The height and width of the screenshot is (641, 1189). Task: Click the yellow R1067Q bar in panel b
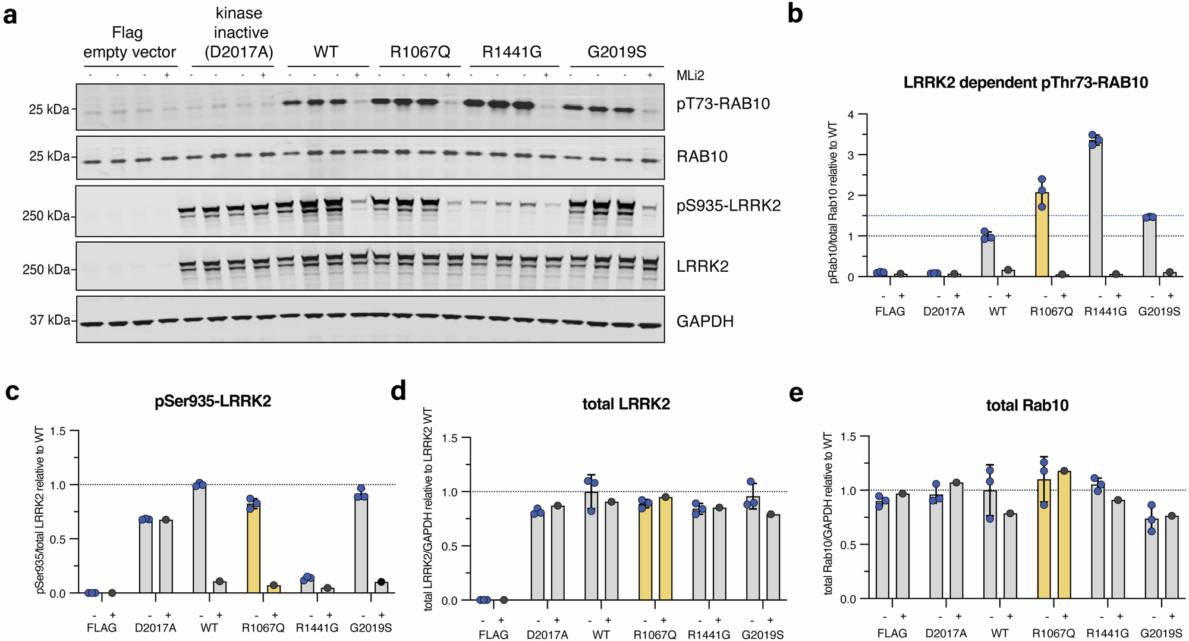pyautogui.click(x=1042, y=235)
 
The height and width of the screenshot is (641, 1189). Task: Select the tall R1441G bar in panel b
pyautogui.click(x=1095, y=208)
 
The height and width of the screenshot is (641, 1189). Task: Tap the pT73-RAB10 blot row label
pyautogui.click(x=723, y=104)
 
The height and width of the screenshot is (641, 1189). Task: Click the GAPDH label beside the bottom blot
pyautogui.click(x=705, y=322)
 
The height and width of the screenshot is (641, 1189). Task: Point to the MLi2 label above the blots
pyautogui.click(x=690, y=76)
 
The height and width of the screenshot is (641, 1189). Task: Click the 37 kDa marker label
pyautogui.click(x=50, y=320)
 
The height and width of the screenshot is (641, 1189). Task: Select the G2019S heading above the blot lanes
pyautogui.click(x=616, y=52)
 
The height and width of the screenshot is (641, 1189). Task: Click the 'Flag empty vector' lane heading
pyautogui.click(x=129, y=42)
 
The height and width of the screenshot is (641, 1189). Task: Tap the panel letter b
pyautogui.click(x=795, y=13)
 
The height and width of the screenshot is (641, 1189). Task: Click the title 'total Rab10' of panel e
pyautogui.click(x=1027, y=406)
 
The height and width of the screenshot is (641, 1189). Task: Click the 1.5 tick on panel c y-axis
pyautogui.click(x=58, y=431)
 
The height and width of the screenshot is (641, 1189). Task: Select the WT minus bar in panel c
pyautogui.click(x=199, y=539)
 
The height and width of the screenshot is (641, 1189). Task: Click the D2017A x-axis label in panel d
pyautogui.click(x=547, y=634)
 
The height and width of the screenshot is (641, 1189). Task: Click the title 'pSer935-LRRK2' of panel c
pyautogui.click(x=213, y=401)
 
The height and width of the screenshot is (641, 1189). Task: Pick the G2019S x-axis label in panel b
pyautogui.click(x=1159, y=312)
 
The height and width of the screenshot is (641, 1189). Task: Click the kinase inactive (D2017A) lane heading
pyautogui.click(x=240, y=33)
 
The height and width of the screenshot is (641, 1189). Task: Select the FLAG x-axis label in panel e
pyautogui.click(x=892, y=633)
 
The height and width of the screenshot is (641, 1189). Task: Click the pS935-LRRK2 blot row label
pyautogui.click(x=728, y=206)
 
